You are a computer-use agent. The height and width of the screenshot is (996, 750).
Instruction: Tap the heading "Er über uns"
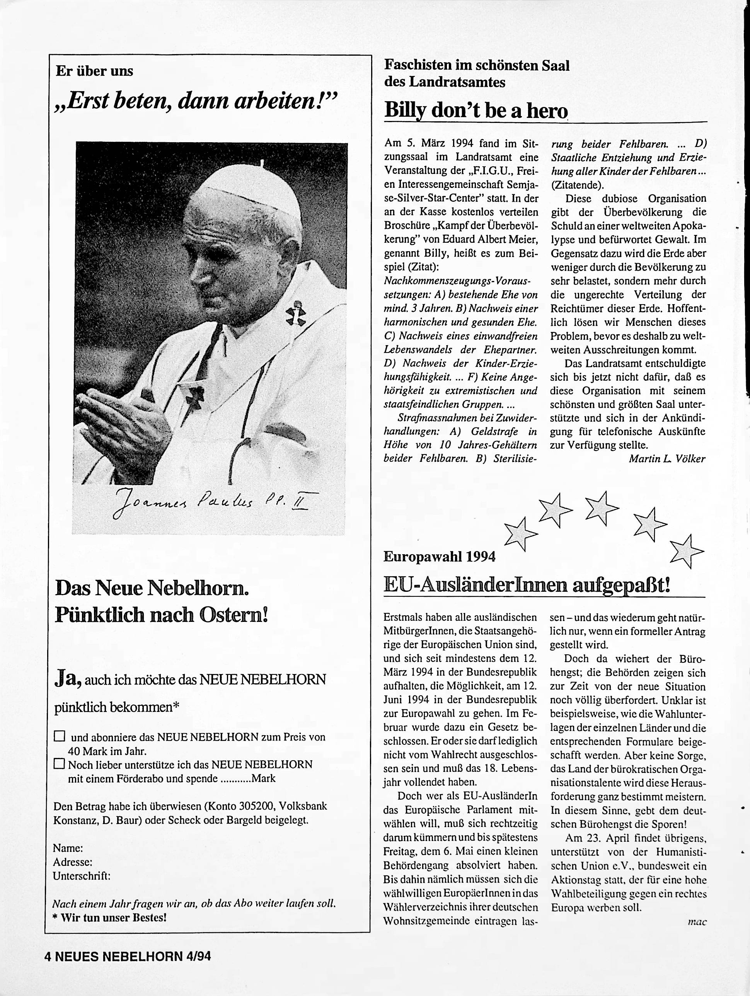[94, 71]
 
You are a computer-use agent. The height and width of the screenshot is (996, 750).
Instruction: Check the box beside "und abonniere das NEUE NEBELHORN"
[60, 737]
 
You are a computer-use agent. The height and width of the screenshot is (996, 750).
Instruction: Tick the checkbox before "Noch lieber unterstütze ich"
[59, 764]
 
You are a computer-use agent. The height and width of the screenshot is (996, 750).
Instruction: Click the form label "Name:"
[68, 848]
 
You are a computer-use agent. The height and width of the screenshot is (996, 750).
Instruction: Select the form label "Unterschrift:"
[82, 876]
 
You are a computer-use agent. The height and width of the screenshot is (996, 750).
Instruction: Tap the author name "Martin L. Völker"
[666, 459]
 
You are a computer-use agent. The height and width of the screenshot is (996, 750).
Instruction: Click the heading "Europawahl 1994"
[439, 557]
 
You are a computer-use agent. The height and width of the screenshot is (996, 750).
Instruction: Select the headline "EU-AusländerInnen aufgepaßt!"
[527, 586]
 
